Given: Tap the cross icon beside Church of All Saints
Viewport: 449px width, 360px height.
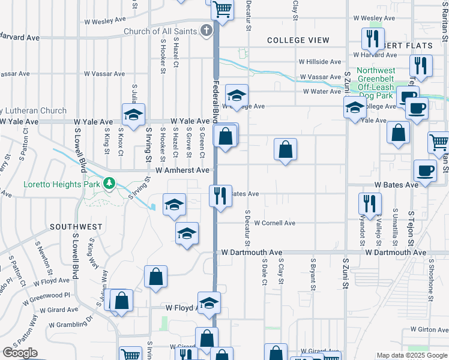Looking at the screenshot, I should click(x=206, y=30).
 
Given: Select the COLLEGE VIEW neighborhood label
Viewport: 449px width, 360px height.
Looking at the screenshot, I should click(x=298, y=40).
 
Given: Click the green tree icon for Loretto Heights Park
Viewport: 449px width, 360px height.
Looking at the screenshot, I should click(x=109, y=182).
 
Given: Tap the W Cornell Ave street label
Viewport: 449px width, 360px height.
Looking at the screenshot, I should click(x=275, y=223).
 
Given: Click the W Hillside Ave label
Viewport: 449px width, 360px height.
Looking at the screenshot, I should click(x=321, y=62).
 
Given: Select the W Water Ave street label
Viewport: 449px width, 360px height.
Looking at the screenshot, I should click(x=322, y=92).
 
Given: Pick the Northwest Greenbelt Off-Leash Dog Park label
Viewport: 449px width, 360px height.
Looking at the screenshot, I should click(x=383, y=83).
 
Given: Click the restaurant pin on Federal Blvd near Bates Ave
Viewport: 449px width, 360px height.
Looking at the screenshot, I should click(x=220, y=196).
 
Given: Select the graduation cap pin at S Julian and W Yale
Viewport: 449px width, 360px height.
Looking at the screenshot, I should click(x=133, y=114).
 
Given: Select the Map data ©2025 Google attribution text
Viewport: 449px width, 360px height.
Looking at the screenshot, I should click(x=411, y=355).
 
